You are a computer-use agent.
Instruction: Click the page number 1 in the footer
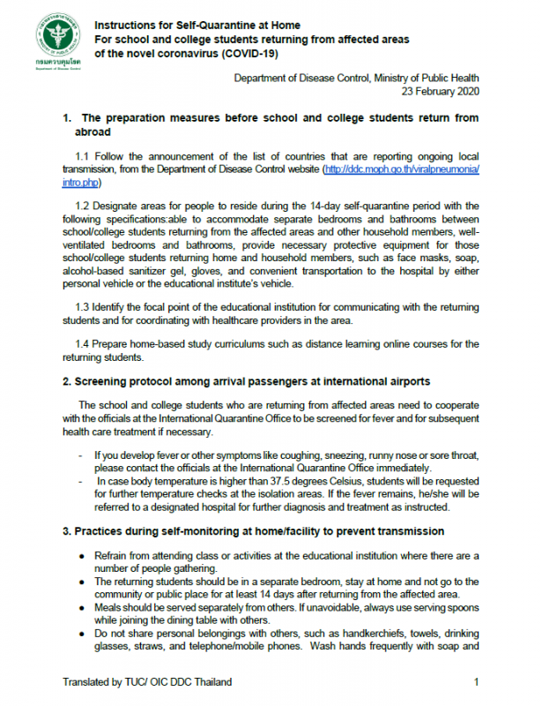[477, 682]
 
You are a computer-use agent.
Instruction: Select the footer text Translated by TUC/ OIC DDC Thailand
[147, 682]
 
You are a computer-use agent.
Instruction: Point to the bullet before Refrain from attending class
[81, 556]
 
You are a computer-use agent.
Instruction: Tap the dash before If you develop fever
[80, 455]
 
